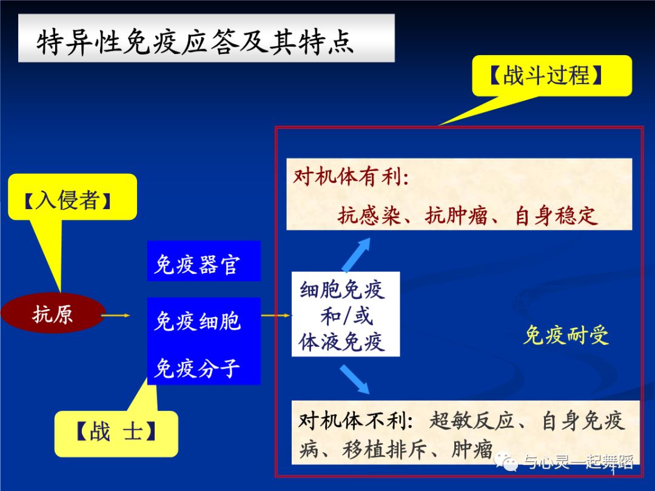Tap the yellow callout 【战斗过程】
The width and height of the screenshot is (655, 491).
coord(552,76)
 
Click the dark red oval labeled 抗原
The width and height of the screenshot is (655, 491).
coord(53,314)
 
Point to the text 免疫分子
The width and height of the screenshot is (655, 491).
coord(198,367)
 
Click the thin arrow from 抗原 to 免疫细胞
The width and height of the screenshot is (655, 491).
coord(116,315)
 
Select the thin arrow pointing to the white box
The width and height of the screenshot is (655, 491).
coord(276,315)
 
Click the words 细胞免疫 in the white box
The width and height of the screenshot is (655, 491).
coord(343,290)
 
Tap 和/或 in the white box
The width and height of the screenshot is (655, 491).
coord(346,316)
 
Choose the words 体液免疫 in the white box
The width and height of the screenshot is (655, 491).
coord(343,342)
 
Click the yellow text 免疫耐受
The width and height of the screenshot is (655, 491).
coord(565,334)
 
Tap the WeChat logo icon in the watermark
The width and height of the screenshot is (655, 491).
coord(507,463)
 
